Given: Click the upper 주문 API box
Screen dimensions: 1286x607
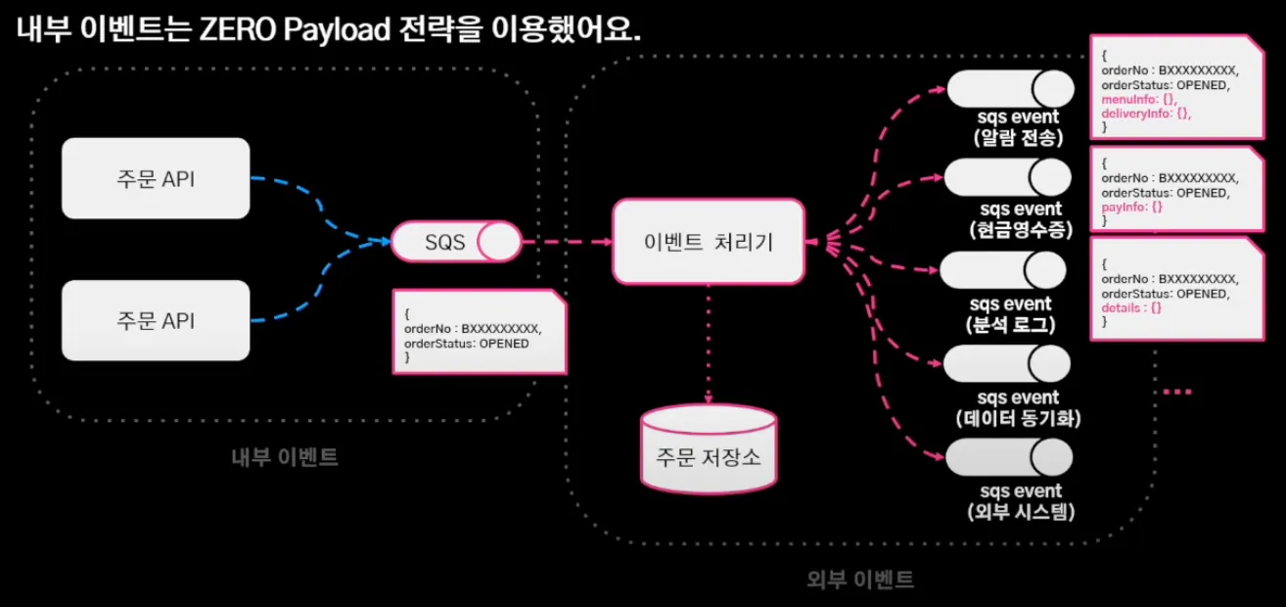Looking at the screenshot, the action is tap(156, 178).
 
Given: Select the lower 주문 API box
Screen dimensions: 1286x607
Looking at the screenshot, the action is tap(156, 320).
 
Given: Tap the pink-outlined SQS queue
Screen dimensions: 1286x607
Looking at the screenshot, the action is tap(456, 242).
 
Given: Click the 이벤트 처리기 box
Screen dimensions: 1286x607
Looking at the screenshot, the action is tap(709, 242).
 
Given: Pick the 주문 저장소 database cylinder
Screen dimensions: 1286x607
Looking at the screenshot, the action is tap(709, 449).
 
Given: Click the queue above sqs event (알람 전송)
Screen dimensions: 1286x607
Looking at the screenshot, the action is tap(1010, 89).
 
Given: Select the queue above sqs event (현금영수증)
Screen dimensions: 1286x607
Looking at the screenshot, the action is tap(1007, 177).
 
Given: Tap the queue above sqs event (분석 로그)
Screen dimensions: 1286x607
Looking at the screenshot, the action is tap(1003, 270).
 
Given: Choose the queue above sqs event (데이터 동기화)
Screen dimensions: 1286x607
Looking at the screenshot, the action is tap(1007, 364).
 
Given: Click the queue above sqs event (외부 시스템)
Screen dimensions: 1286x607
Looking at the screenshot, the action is tap(1009, 457).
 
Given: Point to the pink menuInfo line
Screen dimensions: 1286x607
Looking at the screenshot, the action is tap(1139, 99).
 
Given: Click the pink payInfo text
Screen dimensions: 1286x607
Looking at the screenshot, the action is tap(1131, 207).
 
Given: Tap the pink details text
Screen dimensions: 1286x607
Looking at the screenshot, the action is tap(1131, 307).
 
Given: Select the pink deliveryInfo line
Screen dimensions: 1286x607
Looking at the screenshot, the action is tap(1146, 114).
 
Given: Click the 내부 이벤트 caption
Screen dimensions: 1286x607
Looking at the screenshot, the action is tap(285, 457).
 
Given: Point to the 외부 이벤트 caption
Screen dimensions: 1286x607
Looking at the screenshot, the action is tap(860, 580).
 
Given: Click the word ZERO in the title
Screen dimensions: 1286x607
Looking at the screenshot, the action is tap(238, 29).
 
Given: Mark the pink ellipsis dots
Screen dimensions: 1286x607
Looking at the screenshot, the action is tap(1177, 392).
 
